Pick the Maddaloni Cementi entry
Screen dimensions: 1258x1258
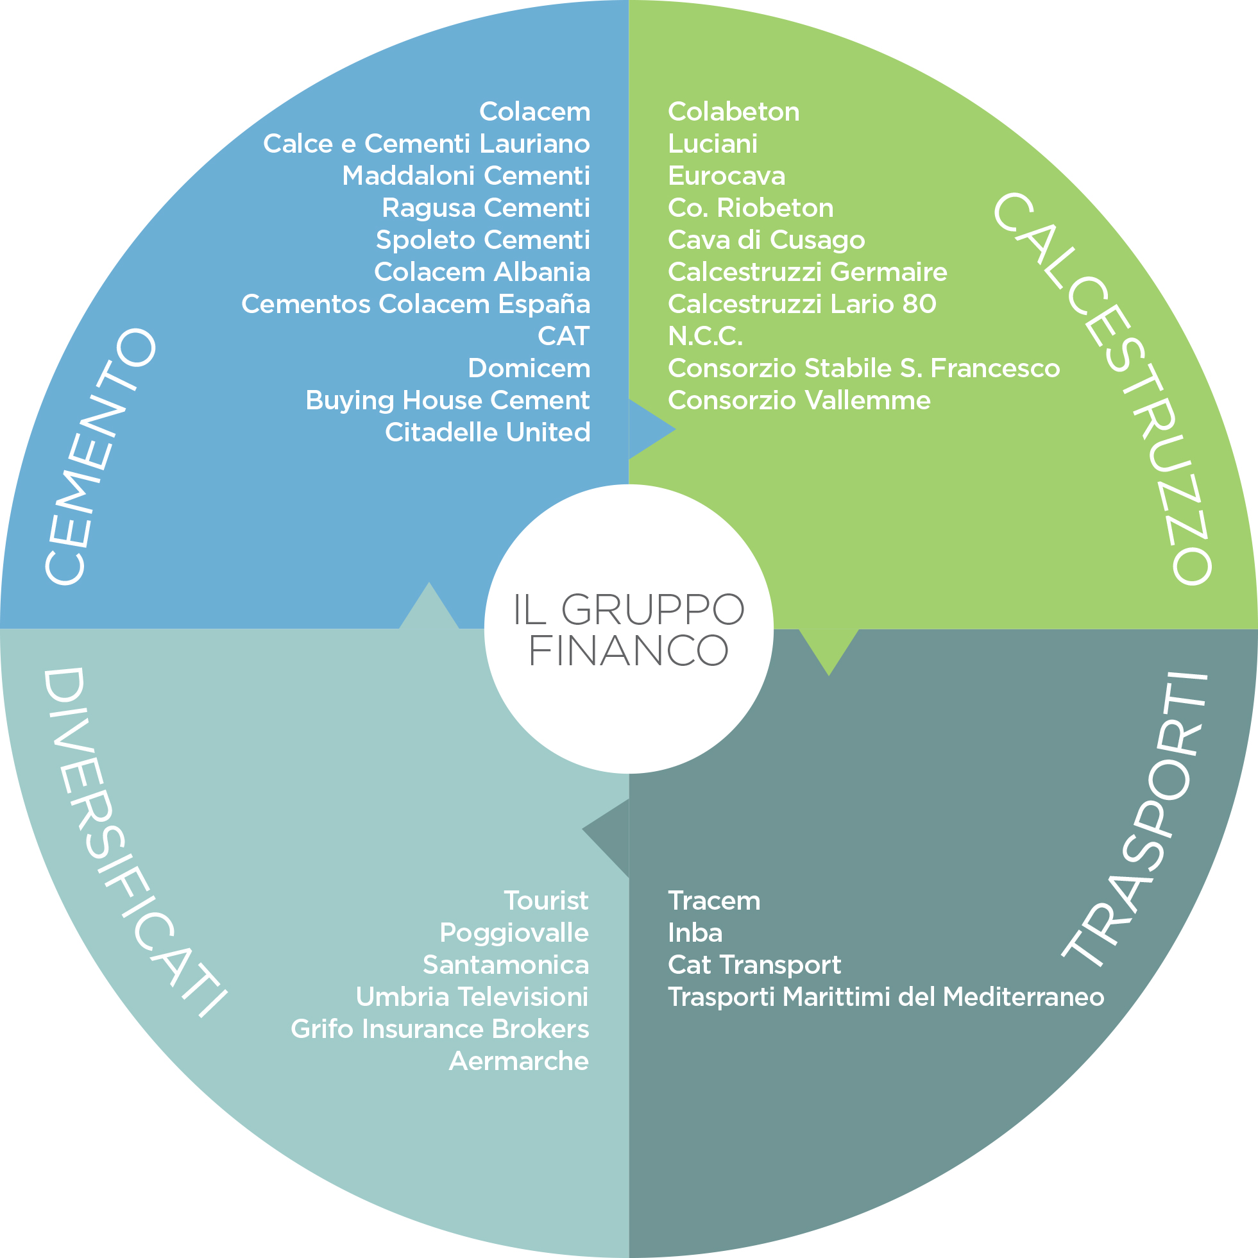pos(466,176)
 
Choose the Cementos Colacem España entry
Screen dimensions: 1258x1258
pos(416,304)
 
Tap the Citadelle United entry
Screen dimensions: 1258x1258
pos(487,432)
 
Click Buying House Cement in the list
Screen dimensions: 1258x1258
pos(447,400)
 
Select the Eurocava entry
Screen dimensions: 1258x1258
pos(727,176)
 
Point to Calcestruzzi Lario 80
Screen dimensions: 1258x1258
pos(801,304)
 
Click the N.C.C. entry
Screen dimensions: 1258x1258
pos(705,336)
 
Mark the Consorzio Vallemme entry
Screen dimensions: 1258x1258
pos(799,400)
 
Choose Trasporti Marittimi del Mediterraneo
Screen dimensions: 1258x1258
pos(885,997)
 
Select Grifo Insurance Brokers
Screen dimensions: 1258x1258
pos(439,1029)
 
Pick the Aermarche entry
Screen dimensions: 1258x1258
pos(518,1061)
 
